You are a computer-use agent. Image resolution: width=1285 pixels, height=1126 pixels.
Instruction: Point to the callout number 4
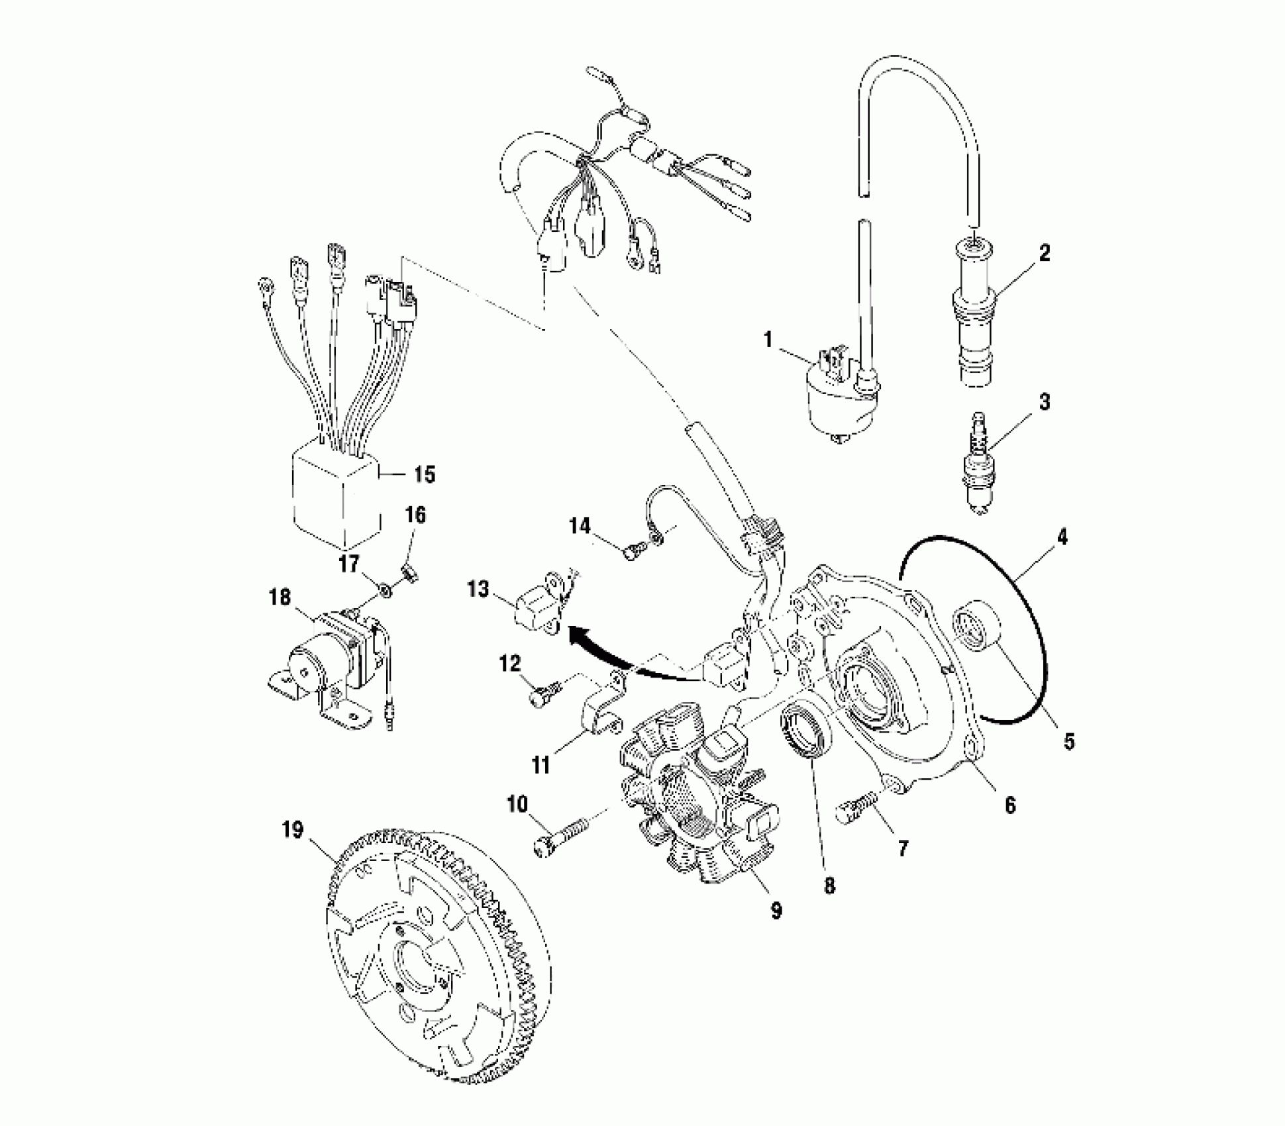pos(1062,537)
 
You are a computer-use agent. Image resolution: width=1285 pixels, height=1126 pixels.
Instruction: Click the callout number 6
pos(1009,805)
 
